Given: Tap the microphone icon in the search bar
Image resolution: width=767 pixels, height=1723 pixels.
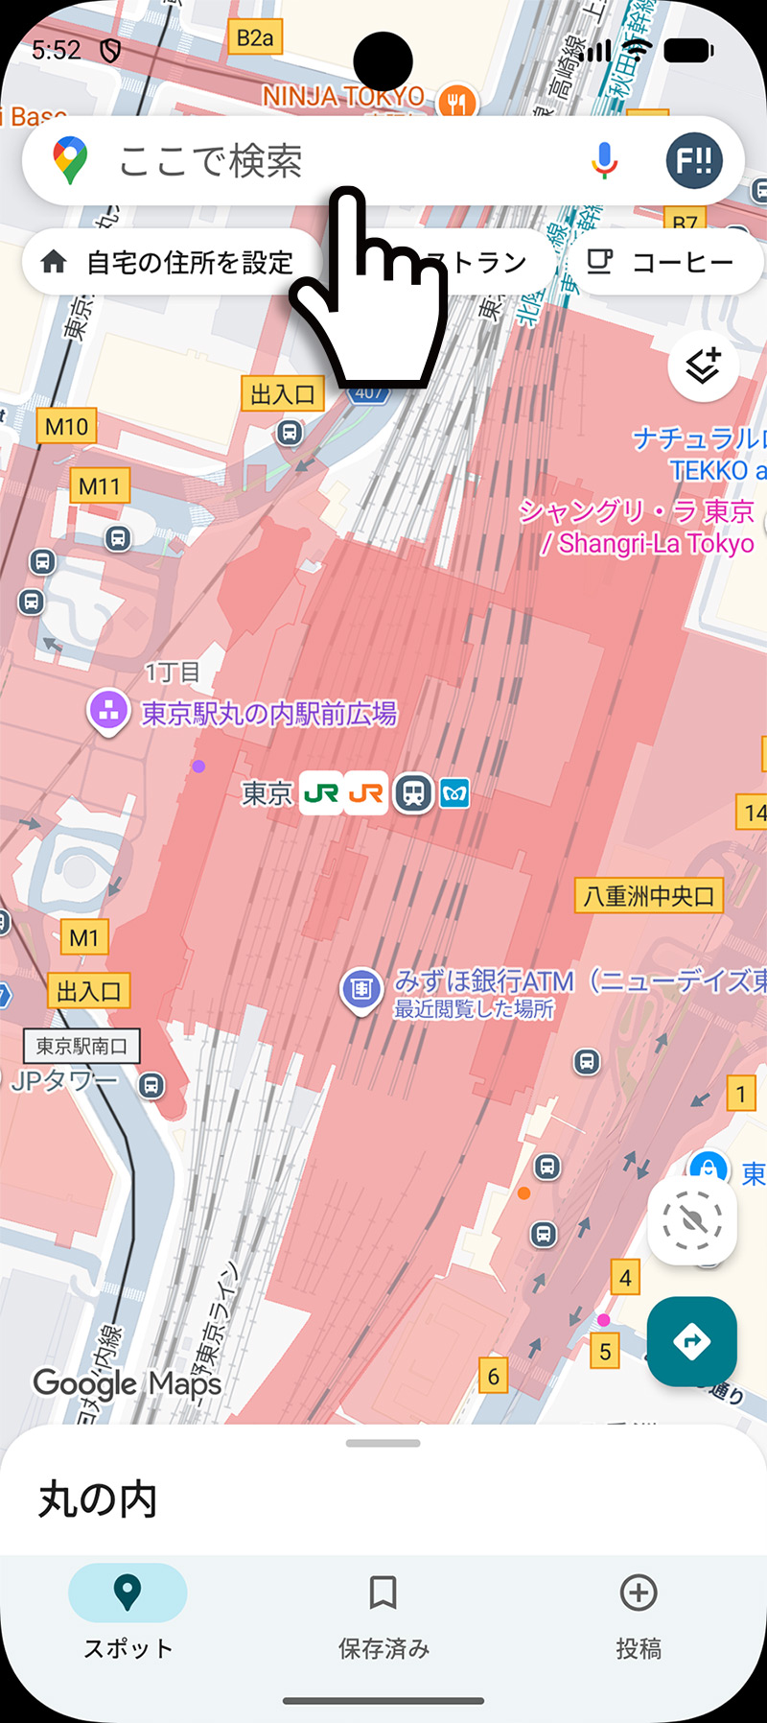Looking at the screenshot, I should [x=604, y=161].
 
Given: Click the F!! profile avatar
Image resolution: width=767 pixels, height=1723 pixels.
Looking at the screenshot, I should [x=694, y=161].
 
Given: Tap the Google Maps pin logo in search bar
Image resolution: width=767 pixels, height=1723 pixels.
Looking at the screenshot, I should [x=70, y=160].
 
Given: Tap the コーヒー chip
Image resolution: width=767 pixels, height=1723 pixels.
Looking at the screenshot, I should [x=665, y=262].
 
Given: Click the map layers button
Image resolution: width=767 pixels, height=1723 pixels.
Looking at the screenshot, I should [x=703, y=366].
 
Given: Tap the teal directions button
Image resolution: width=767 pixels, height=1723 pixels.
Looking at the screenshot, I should [x=691, y=1341].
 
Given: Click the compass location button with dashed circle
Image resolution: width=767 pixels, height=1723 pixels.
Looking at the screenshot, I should [x=691, y=1221].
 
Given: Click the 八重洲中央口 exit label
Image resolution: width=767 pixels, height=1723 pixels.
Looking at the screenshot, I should [x=649, y=896].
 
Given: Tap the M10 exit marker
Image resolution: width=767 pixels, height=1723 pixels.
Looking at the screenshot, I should [x=66, y=426].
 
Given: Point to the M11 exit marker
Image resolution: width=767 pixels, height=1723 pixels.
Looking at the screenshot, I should [x=100, y=485].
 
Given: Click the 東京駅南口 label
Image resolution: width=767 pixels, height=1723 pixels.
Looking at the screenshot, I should [x=81, y=1046].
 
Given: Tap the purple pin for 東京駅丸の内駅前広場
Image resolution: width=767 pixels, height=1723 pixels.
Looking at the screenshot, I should [x=108, y=712].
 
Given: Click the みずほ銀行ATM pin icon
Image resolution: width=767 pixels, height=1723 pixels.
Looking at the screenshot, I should [x=361, y=988].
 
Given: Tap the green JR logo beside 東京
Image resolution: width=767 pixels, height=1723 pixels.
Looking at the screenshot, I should [x=320, y=793].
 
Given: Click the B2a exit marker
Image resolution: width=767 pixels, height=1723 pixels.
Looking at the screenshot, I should [x=255, y=38].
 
